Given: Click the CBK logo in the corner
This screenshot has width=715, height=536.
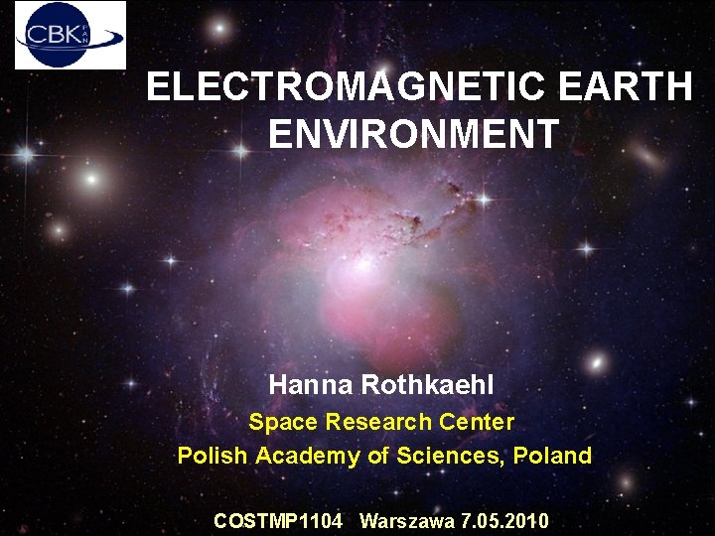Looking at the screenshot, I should [71, 35].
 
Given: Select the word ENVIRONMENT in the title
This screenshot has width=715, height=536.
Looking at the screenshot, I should [413, 134].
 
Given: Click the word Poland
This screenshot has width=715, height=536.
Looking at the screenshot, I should [555, 456].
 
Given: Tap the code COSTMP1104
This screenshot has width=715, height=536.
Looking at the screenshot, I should [278, 521].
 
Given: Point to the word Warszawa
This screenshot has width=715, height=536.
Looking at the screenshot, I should [407, 521].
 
